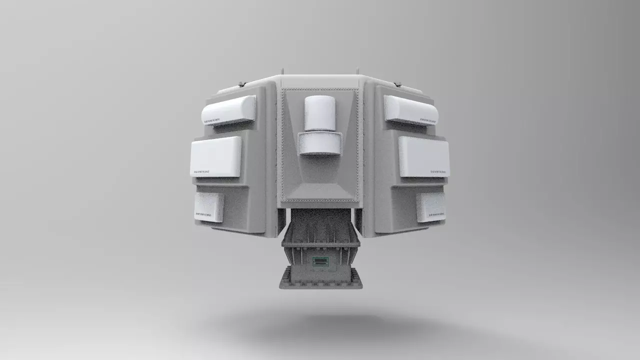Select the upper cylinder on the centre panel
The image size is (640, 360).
click(x=319, y=113)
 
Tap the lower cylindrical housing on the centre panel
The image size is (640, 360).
click(x=320, y=143)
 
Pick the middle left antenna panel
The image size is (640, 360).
click(x=215, y=156)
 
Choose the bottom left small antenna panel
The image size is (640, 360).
click(x=209, y=207)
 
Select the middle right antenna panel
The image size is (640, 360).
click(x=424, y=156)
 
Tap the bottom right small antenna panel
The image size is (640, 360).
click(x=430, y=207)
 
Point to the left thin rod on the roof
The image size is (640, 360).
click(x=282, y=71)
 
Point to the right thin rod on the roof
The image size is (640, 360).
click(x=357, y=71)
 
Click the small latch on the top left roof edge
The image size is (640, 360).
click(x=241, y=83)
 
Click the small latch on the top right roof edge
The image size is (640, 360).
click(x=398, y=83)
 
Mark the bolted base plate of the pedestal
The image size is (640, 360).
click(x=320, y=279)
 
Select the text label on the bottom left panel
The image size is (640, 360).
click(x=203, y=215)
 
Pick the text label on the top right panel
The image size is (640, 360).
click(x=428, y=120)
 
